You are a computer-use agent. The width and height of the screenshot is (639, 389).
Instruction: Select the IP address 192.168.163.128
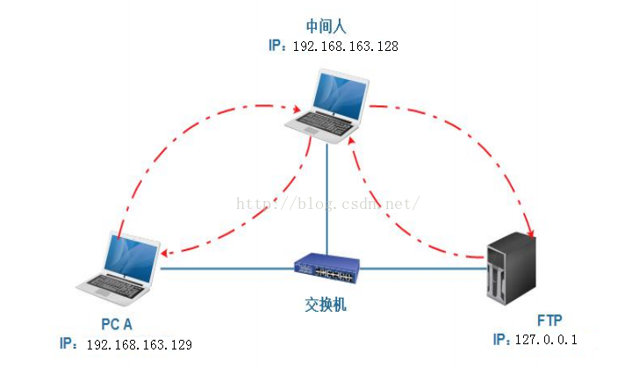tap(345, 46)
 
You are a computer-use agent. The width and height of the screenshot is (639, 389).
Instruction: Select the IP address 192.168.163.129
tap(139, 343)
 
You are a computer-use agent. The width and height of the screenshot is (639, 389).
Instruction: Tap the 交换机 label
tap(326, 303)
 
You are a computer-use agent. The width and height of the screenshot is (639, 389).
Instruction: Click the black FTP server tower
tap(512, 267)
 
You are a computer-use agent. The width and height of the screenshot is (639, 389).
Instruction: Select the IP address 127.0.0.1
tap(545, 339)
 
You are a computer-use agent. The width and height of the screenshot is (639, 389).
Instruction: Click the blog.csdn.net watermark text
tap(328, 203)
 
